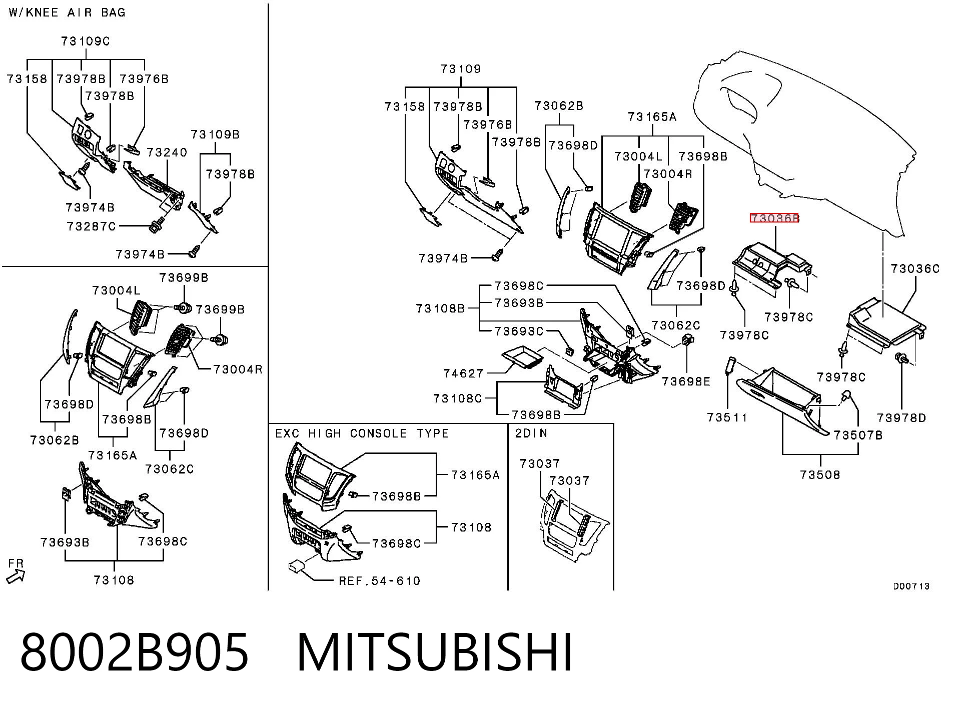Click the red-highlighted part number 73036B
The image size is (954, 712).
click(x=774, y=218)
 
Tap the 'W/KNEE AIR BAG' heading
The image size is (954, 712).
click(x=67, y=12)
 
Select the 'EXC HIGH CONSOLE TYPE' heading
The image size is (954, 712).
click(x=362, y=433)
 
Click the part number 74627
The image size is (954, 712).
click(x=463, y=373)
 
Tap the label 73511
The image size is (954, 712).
click(x=727, y=417)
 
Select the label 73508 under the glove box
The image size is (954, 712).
click(x=820, y=474)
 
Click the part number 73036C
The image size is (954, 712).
click(x=915, y=269)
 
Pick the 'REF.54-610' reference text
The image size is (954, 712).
click(x=380, y=581)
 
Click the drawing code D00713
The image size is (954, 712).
click(x=911, y=586)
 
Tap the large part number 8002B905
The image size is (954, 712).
click(x=134, y=651)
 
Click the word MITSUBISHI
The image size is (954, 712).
click(x=435, y=651)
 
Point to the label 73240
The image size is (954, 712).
click(x=167, y=152)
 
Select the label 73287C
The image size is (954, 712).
click(x=92, y=226)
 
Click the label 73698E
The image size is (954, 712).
click(x=686, y=381)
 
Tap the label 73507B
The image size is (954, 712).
click(x=858, y=435)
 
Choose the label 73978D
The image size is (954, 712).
click(x=901, y=418)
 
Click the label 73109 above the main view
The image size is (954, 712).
click(x=461, y=69)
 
